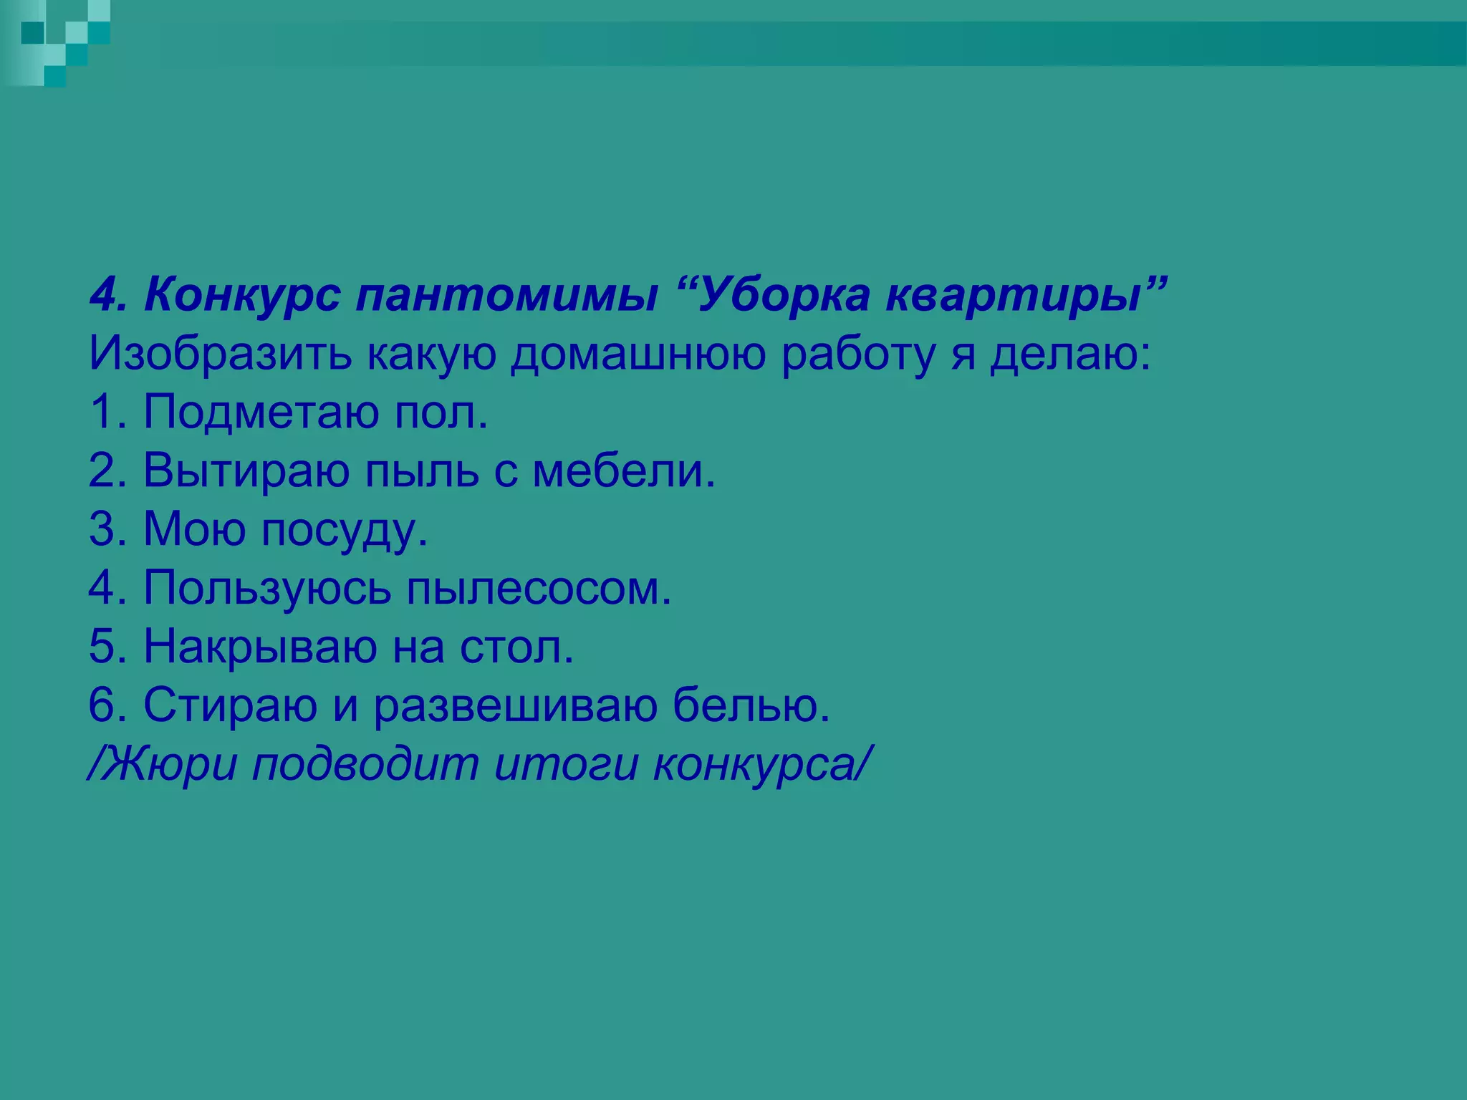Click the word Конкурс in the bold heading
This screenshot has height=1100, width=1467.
[241, 295]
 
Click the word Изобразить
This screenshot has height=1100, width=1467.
[220, 354]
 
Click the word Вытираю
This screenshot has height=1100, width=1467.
[246, 471]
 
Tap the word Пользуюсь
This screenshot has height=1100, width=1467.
[267, 589]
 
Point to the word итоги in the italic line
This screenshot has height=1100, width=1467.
[566, 764]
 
